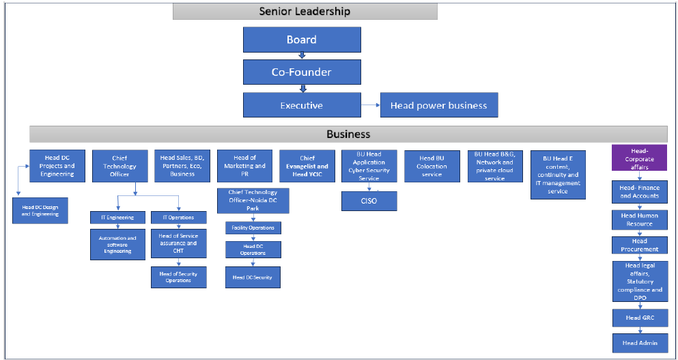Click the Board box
(x=302, y=40)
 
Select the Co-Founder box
(x=302, y=72)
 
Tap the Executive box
(x=302, y=105)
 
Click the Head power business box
(x=438, y=105)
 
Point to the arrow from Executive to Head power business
(x=370, y=105)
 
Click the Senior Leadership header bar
(x=305, y=12)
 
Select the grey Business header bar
(x=348, y=134)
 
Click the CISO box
(x=369, y=201)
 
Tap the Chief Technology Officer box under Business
(x=119, y=166)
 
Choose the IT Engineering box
(x=117, y=218)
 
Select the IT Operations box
(x=178, y=218)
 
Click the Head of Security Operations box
(x=178, y=277)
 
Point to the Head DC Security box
(x=253, y=277)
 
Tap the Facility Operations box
(x=253, y=227)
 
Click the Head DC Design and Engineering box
(x=40, y=210)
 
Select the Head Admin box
(x=639, y=343)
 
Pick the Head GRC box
(x=639, y=318)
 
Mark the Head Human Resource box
(x=639, y=219)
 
